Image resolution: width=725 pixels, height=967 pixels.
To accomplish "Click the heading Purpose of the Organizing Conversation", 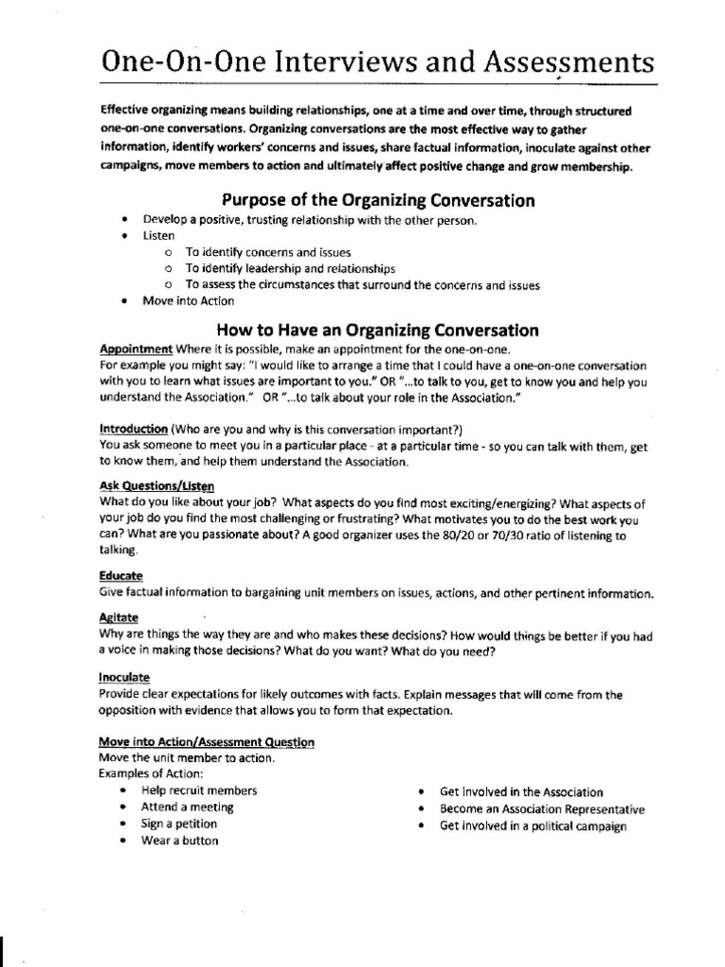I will click(378, 200).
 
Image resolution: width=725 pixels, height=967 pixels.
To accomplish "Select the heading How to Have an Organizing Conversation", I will click(378, 331).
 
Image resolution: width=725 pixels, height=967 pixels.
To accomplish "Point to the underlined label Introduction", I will click(133, 428).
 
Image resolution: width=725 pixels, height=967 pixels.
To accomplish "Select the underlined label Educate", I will click(121, 575).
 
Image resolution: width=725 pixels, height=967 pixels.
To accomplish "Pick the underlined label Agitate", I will click(118, 619).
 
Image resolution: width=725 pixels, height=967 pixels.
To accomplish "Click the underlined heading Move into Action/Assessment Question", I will click(207, 742).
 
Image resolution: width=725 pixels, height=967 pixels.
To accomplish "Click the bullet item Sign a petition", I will click(178, 823).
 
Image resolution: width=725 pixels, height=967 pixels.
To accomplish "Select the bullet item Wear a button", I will click(179, 840).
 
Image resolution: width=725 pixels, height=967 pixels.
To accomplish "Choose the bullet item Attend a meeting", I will click(187, 807).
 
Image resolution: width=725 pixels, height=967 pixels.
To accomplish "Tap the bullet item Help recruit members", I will click(198, 790).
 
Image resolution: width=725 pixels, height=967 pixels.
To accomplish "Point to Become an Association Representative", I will click(542, 809).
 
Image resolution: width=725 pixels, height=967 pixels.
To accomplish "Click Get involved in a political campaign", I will click(532, 826).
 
